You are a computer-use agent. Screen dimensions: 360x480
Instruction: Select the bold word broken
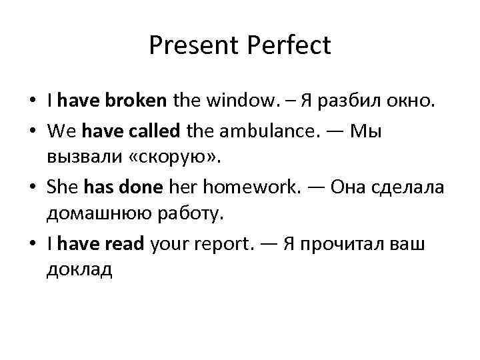(x=135, y=101)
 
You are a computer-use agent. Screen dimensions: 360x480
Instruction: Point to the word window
(x=230, y=101)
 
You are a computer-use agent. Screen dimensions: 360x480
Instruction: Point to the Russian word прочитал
(x=351, y=244)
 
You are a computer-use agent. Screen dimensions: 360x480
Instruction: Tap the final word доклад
(x=80, y=270)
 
